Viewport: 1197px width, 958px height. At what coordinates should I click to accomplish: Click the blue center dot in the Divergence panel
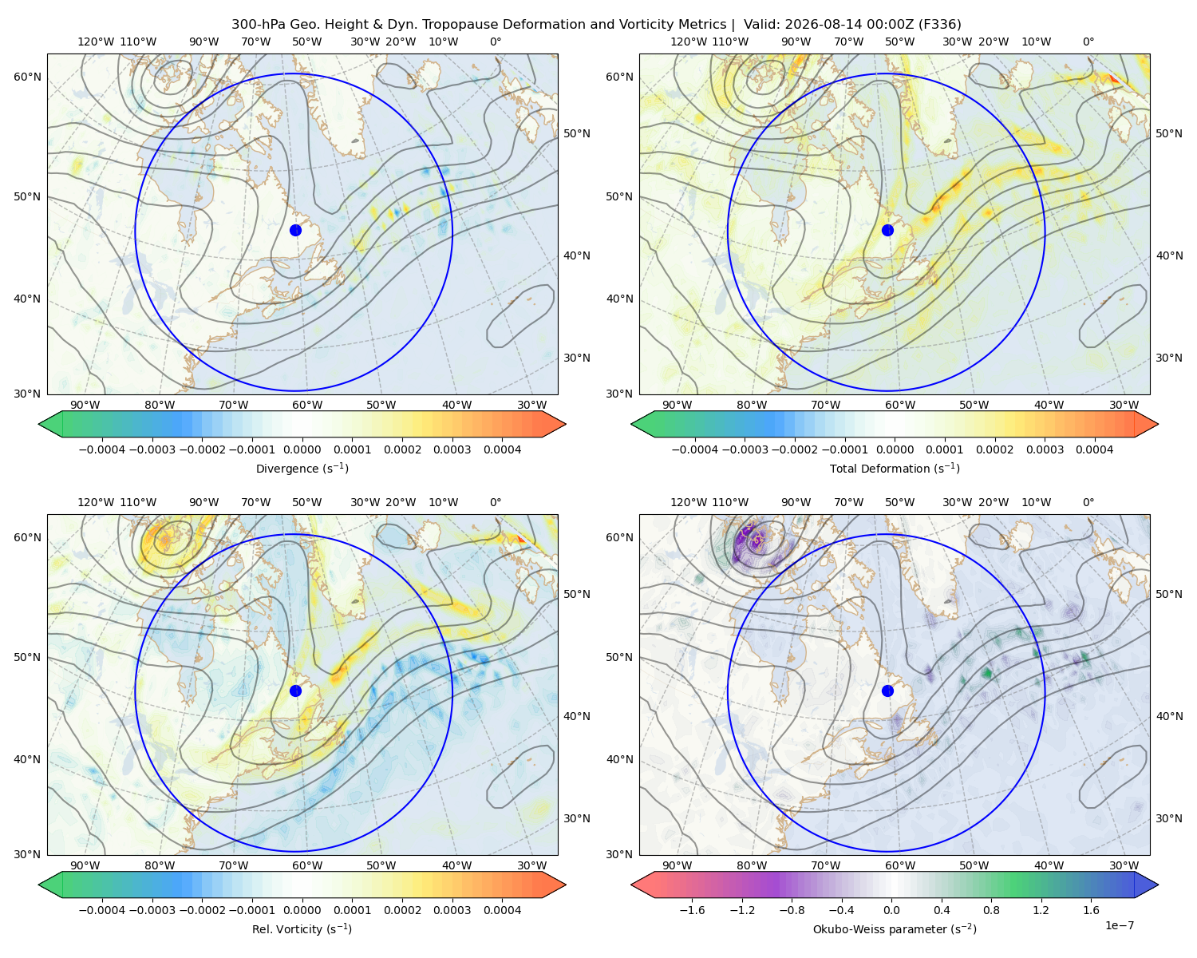coord(295,230)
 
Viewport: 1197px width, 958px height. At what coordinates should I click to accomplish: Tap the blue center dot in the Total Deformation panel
coord(887,230)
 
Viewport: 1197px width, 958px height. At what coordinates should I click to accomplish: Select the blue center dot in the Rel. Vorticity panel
coord(295,691)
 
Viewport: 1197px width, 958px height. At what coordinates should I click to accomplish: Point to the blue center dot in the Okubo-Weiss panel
coord(887,691)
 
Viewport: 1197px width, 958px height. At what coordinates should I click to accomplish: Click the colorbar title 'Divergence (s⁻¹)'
coord(302,468)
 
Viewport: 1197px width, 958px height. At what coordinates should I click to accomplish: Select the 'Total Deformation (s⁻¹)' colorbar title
coord(895,468)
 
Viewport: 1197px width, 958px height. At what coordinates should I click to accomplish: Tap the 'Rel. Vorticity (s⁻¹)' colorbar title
coord(302,928)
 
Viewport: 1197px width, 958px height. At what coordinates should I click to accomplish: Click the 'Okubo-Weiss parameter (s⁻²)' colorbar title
coord(895,928)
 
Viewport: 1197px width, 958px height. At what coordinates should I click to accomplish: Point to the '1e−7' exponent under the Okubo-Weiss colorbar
coord(1119,925)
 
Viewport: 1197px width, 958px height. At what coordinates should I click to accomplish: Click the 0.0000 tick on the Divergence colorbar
coord(302,449)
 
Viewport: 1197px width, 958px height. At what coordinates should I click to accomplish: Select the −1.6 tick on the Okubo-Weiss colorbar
coord(692,910)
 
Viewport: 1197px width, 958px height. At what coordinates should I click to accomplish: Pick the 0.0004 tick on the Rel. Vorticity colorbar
coord(502,910)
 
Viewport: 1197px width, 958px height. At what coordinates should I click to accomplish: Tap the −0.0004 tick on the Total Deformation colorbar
coord(695,449)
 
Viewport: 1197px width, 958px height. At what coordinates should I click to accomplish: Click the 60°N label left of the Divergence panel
coord(27,77)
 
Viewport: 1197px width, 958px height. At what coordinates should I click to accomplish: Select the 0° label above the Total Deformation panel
coord(1088,42)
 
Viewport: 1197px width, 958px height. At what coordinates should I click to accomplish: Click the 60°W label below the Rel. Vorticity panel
coord(307,865)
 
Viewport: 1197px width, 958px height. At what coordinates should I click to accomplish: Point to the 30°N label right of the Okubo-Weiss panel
coord(1168,818)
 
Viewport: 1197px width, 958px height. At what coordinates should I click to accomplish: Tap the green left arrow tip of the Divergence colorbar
coord(39,424)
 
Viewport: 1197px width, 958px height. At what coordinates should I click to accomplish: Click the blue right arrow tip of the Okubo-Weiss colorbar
coord(1158,885)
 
